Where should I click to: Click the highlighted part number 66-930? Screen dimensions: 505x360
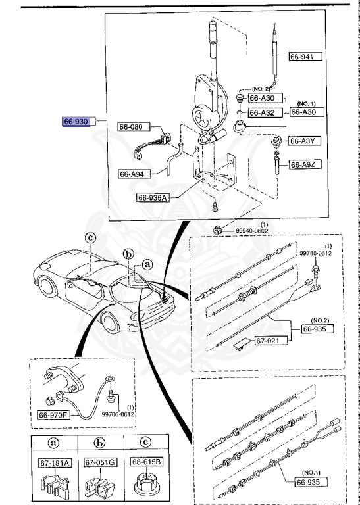click(x=76, y=122)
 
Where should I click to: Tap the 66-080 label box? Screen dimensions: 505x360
click(x=134, y=126)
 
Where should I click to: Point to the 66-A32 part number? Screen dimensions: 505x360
click(x=265, y=113)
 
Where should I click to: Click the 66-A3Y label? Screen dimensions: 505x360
click(x=305, y=141)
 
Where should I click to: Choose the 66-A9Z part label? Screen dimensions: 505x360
click(x=305, y=163)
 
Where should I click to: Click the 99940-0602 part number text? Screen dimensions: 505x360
click(x=253, y=230)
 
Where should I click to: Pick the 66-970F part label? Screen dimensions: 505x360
click(x=55, y=415)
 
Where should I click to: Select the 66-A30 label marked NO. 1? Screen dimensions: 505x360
click(x=305, y=113)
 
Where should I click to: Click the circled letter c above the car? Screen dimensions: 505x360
click(x=91, y=238)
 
